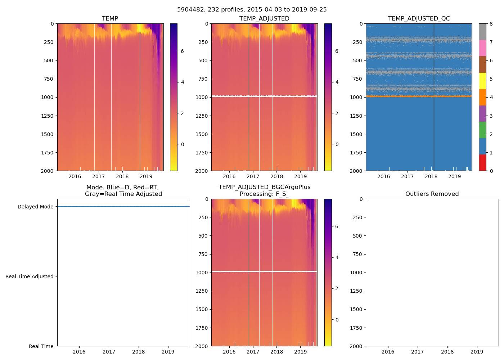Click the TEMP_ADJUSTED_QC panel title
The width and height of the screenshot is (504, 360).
coord(419,19)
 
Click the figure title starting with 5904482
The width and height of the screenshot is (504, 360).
coord(252,10)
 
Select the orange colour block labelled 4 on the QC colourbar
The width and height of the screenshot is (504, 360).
coord(482,97)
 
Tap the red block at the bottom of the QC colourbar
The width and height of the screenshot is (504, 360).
coord(482,163)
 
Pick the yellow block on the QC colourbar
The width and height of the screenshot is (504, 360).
coord(482,81)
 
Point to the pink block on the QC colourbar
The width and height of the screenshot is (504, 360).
coord(482,48)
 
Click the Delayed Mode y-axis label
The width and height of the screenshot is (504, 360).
coord(35,207)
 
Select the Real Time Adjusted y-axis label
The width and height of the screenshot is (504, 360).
coord(30,277)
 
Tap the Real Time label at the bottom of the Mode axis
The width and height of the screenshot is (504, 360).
coord(41,346)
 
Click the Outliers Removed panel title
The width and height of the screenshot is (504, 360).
coord(432,194)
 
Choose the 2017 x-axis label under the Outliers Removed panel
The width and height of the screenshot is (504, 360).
coord(418,352)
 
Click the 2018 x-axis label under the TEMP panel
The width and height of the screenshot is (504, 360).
coord(122,176)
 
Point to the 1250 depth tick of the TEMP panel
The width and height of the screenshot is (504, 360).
coord(48,116)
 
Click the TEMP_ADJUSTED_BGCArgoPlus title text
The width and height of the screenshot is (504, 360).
coord(264,187)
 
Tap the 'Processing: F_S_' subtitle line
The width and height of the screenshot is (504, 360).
coord(264,194)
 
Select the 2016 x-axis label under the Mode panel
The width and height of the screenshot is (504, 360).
coord(79,352)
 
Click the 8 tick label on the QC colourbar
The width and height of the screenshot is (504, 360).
coord(491,24)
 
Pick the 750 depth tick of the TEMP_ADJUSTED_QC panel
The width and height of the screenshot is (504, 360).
coord(356,79)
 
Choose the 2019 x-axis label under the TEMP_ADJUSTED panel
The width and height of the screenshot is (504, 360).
coord(301,176)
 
